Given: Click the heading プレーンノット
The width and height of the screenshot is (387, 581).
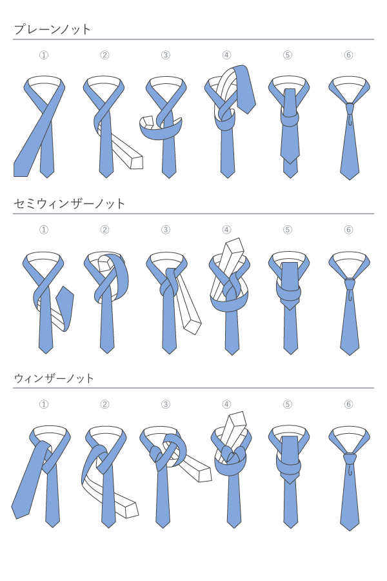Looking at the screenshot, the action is click(52, 29).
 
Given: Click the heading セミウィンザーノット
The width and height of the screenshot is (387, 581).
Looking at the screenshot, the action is click(70, 203).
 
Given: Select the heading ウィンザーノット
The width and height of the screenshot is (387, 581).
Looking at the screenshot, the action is click(54, 378).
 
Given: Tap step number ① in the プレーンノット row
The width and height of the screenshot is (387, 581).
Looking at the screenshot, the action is click(44, 56).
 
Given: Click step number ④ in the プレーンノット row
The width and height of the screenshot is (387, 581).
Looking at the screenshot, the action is click(226, 56).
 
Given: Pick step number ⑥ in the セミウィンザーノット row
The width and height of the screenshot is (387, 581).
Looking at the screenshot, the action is click(348, 230).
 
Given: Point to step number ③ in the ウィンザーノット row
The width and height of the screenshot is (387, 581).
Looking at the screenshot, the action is click(166, 404).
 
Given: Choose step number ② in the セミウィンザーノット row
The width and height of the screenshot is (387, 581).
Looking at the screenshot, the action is click(104, 230).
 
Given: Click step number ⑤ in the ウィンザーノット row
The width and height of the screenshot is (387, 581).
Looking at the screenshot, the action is click(288, 404).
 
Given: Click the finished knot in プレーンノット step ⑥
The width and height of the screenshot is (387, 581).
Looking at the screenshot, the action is click(350, 108).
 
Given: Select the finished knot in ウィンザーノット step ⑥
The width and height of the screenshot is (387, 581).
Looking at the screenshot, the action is click(350, 458).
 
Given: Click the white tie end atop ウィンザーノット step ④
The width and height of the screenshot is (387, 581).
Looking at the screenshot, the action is click(234, 430).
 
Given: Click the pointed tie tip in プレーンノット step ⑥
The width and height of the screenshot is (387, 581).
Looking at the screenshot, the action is click(350, 179).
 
